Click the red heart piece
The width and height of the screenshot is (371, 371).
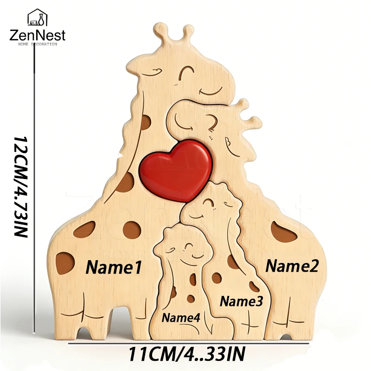(x=176, y=170)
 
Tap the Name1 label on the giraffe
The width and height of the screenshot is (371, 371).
(x=114, y=268)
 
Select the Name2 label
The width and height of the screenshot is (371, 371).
(x=292, y=266)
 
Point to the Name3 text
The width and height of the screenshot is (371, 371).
(x=241, y=301)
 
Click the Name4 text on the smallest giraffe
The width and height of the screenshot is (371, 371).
(x=181, y=317)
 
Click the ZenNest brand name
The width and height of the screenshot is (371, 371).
(x=38, y=36)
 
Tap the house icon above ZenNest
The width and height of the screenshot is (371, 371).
(x=38, y=17)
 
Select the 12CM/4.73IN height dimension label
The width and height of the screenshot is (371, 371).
(x=21, y=186)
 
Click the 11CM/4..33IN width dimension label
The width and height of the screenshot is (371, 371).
(x=187, y=354)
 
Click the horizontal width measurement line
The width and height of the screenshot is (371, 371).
(x=188, y=343)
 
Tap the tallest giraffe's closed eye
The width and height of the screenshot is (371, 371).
(x=186, y=71)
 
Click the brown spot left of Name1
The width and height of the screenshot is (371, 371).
(x=64, y=263)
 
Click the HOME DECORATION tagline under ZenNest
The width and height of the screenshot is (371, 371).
(x=38, y=44)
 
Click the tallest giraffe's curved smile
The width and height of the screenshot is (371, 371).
(x=211, y=91)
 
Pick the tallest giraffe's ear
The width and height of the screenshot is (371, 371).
(x=152, y=72)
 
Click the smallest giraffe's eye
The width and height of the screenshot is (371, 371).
(x=188, y=246)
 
